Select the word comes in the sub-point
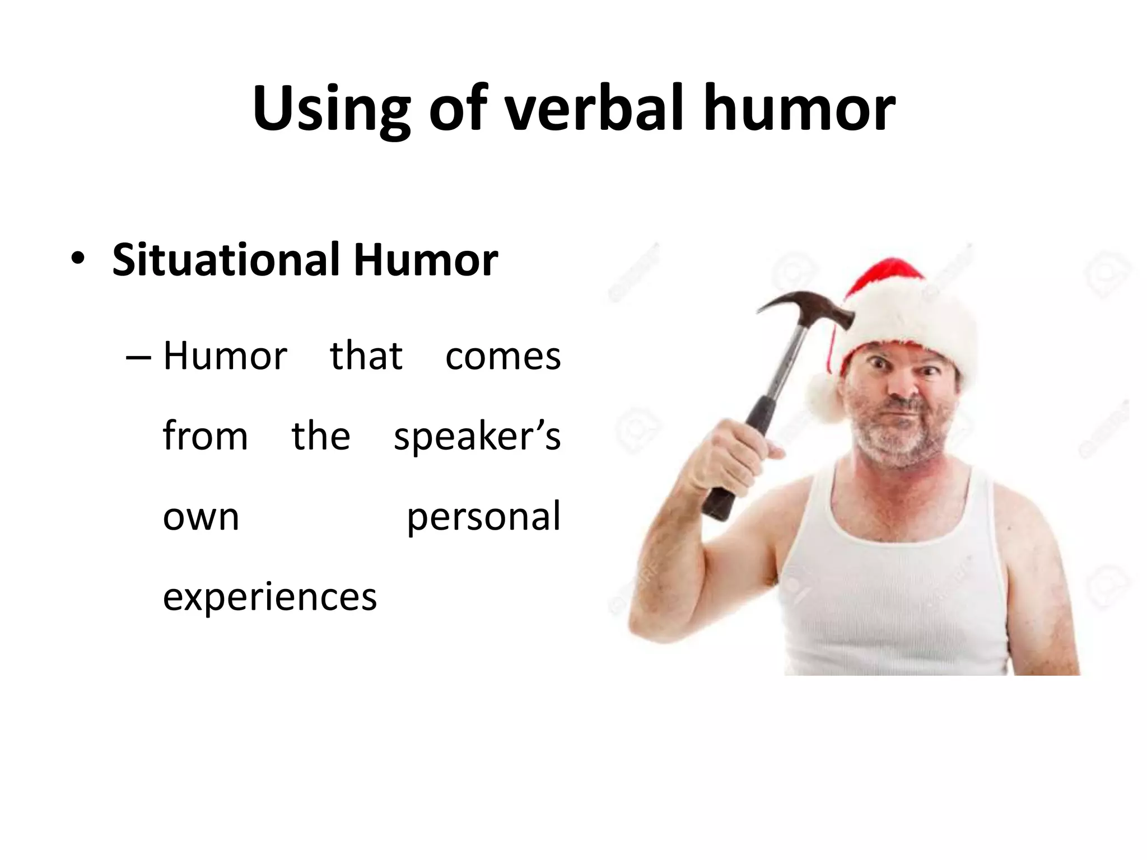[502, 356]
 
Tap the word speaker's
[477, 437]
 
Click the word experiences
[269, 597]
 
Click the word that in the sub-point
[366, 356]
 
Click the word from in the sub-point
[205, 437]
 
